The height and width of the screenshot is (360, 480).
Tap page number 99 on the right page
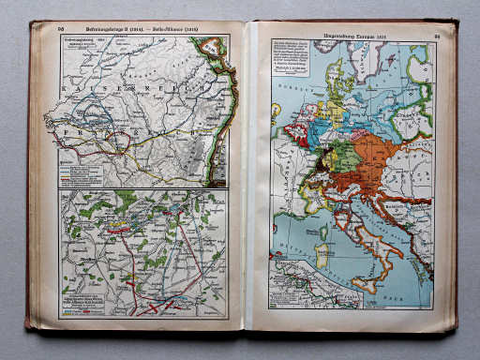[x=436, y=37]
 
